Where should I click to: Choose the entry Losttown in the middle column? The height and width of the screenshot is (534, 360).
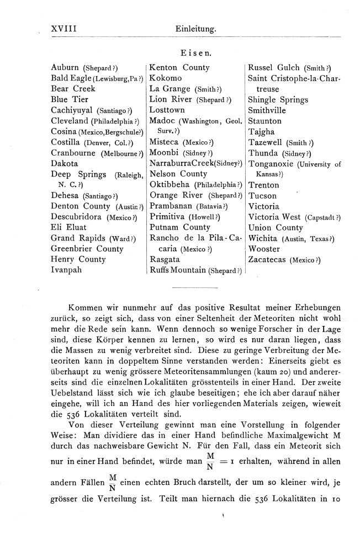point(167,110)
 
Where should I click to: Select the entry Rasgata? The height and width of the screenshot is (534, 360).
point(165,259)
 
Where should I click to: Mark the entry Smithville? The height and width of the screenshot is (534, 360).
point(269,110)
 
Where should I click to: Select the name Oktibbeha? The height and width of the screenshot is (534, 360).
point(169,185)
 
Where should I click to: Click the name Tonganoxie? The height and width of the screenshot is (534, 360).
point(274,164)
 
